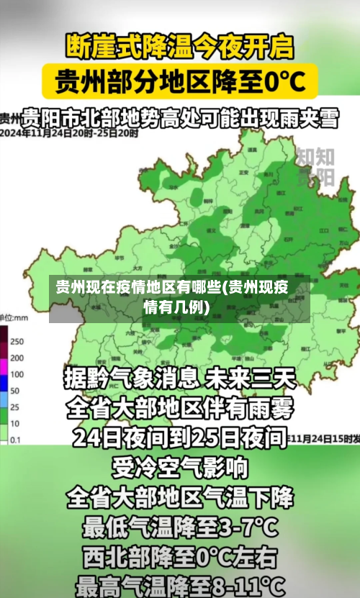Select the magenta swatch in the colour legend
point(4,358)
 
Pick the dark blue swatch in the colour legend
point(4,374)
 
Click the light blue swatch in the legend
point(4,391)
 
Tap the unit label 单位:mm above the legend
point(14,317)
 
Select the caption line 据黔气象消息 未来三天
point(179,376)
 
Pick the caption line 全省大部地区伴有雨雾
point(179,409)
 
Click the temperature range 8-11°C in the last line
point(245,586)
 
